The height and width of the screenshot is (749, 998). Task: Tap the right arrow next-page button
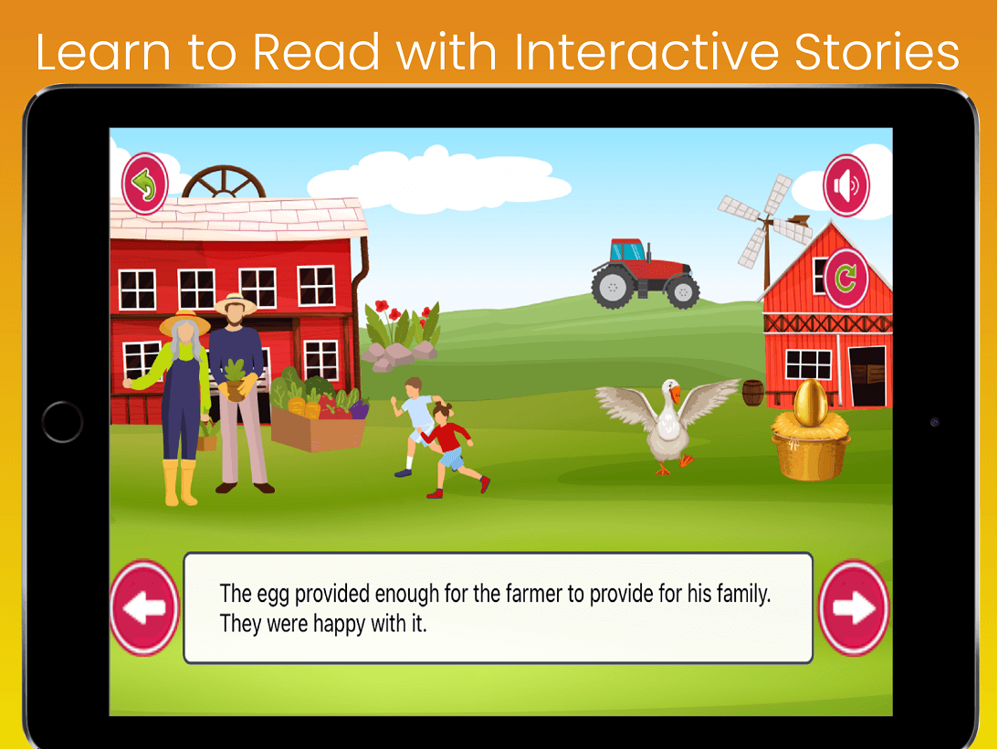coord(853,607)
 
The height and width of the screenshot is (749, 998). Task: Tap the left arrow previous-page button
coord(144,607)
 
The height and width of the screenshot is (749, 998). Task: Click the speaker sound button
coord(846,185)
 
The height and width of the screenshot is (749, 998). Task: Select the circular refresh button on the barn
coord(846,279)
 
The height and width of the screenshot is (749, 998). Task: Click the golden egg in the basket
coord(810,402)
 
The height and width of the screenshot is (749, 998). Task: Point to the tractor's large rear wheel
coord(613,287)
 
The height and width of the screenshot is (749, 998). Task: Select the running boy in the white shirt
coord(415,426)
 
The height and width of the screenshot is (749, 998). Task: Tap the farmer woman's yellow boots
coord(180,482)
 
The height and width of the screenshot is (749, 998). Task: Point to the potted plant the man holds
coord(236,380)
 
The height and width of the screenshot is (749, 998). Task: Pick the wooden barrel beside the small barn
coord(753,393)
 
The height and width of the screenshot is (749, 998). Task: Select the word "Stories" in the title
coord(877,52)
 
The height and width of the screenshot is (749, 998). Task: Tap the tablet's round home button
coord(62,422)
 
